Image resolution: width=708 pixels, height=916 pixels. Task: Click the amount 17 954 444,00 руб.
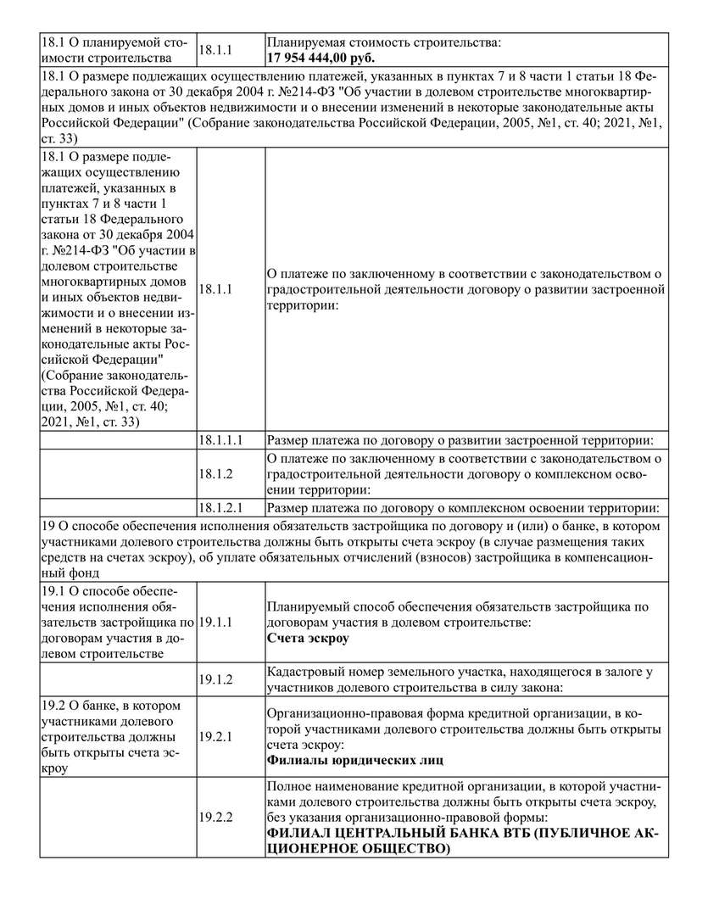point(322,58)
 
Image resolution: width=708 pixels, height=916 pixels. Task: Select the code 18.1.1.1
point(221,441)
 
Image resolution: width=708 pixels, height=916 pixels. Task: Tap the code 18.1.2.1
point(221,509)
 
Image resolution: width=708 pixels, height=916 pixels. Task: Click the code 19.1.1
point(216,623)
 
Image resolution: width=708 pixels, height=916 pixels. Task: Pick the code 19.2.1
point(216,737)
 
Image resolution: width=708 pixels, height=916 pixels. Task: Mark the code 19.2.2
point(216,818)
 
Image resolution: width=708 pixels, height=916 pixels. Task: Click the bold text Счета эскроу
point(308,639)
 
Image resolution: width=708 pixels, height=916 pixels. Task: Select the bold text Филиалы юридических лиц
point(355,761)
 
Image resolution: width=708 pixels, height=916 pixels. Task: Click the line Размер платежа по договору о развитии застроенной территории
point(462,441)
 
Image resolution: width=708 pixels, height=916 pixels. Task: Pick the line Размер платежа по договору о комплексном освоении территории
point(462,509)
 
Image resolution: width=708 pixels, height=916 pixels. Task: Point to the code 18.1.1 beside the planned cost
point(216,50)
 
